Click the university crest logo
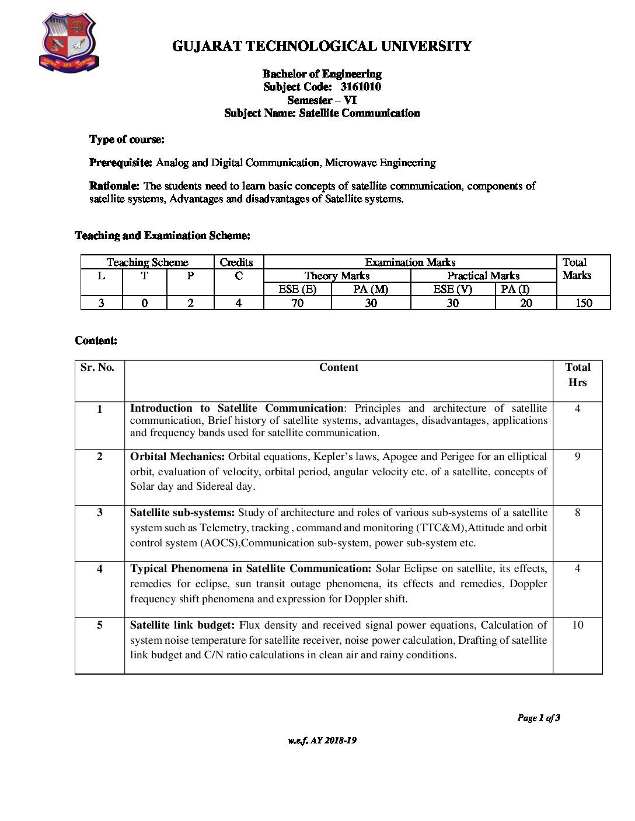click(x=69, y=43)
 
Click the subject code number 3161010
click(x=361, y=87)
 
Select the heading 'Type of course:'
click(x=127, y=139)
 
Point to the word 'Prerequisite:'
click(x=121, y=163)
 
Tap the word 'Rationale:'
click(x=114, y=186)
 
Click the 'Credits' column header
click(x=236, y=262)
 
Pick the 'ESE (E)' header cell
click(x=297, y=289)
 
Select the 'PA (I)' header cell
click(x=515, y=289)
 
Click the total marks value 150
click(x=583, y=303)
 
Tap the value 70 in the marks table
click(x=297, y=303)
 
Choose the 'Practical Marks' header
click(x=483, y=276)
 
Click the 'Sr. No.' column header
click(x=97, y=367)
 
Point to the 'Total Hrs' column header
click(x=577, y=375)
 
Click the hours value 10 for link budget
click(x=577, y=625)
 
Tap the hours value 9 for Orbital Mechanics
click(x=577, y=457)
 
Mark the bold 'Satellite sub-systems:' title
click(x=182, y=513)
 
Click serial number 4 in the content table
click(x=99, y=569)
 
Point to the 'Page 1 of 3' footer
click(x=538, y=718)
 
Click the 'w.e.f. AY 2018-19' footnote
click(x=322, y=741)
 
